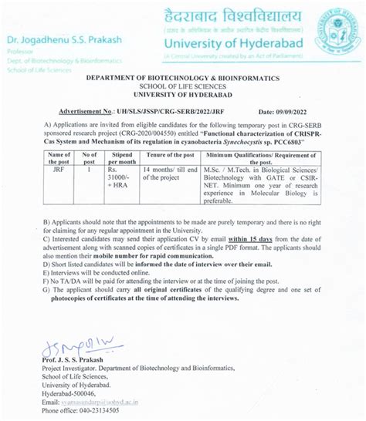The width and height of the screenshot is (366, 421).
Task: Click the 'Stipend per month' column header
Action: point(121,160)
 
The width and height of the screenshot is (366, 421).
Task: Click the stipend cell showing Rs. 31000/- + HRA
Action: point(121,183)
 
